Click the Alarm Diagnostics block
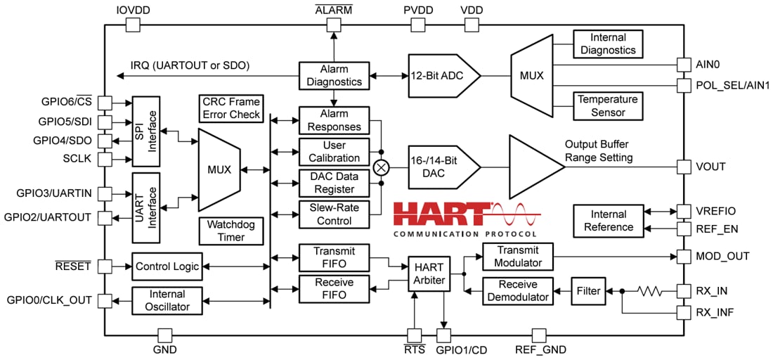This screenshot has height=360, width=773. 334,75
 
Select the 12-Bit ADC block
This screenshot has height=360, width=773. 440,75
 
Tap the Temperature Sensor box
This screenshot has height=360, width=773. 608,106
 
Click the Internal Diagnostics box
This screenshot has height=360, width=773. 608,44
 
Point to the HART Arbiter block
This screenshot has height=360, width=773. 429,273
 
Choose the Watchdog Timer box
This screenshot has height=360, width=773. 231,231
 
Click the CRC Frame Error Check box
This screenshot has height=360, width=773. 231,108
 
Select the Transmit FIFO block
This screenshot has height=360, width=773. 334,257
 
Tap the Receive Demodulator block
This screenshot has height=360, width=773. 518,290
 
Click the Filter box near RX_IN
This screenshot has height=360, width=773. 587,290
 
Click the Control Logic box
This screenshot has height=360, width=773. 167,266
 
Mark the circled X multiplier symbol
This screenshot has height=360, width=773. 382,167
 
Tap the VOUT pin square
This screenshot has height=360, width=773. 684,167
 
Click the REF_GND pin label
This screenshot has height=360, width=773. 540,349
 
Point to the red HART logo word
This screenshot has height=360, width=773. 440,213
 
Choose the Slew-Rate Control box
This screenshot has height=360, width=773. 334,214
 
